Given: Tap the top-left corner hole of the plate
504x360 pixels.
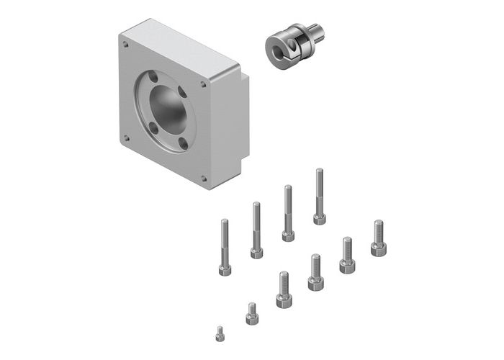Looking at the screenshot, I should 125,44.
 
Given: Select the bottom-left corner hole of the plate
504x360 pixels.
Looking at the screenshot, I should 126,137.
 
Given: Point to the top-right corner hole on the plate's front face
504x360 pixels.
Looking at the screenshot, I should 203,84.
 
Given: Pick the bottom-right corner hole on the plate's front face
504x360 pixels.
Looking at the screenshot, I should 203,178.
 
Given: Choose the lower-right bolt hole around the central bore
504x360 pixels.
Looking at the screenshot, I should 183,145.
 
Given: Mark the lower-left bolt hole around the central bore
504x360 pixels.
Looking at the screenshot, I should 152,130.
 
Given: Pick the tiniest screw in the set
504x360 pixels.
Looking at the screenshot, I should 220,333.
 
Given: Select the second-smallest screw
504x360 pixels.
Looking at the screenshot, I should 251,314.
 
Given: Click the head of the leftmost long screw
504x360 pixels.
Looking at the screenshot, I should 225,270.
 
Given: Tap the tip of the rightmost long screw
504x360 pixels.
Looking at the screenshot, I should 318,171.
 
